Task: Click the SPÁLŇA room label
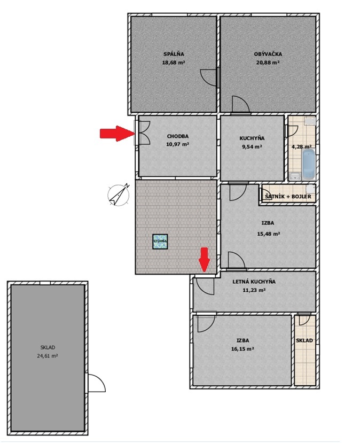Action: pos(174,53)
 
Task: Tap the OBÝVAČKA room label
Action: pos(268,54)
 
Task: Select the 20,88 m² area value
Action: pos(268,63)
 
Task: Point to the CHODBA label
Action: pos(178,136)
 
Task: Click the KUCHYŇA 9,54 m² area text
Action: pos(252,146)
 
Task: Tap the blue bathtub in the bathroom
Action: pos(308,165)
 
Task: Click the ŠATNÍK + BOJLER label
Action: pos(288,196)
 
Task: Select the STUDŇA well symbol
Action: pos(160,242)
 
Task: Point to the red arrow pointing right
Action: pos(117,133)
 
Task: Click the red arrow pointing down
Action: pos(204,260)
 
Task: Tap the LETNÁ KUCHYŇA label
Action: pos(254,282)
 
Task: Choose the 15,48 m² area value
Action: pos(268,234)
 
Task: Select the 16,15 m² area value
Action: pos(242,349)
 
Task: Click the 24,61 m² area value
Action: pos(47,356)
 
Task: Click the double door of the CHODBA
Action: pos(144,133)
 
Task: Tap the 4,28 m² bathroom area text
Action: pos(301,146)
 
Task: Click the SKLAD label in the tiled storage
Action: pos(304,340)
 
